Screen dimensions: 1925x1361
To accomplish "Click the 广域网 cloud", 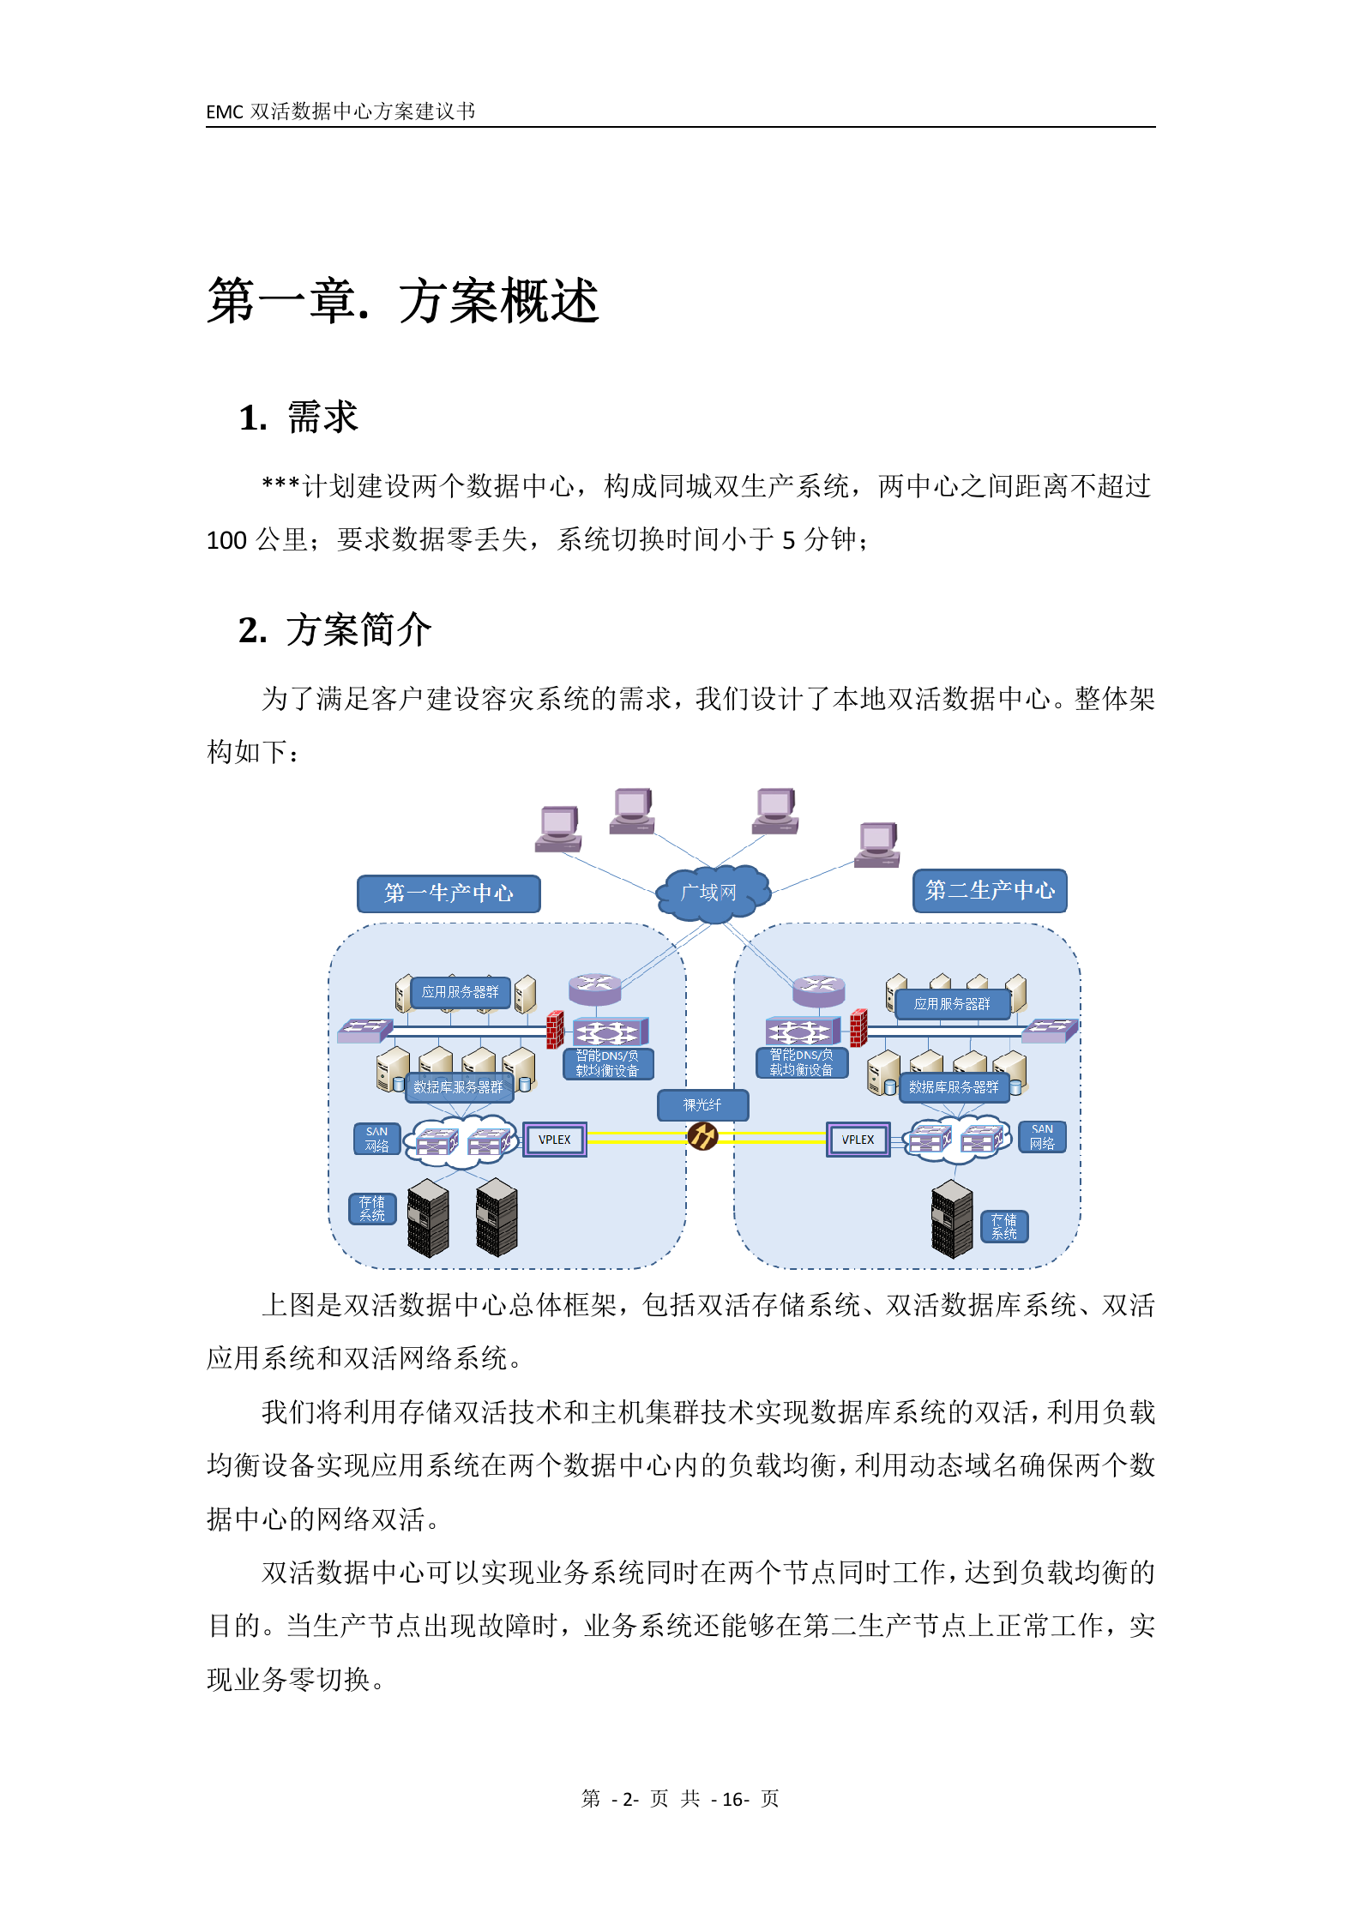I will (709, 893).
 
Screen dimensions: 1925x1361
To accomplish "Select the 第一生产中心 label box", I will (449, 893).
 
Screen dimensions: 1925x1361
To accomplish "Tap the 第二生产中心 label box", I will (990, 891).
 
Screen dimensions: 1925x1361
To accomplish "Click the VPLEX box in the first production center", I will (555, 1140).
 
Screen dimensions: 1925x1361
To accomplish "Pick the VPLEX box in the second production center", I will (858, 1140).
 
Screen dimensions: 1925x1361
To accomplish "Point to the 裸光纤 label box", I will (702, 1105).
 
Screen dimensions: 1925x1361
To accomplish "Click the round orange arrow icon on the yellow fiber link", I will (702, 1137).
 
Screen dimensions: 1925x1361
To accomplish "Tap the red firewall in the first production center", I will (555, 1029).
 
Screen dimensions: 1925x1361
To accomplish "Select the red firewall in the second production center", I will (858, 1028).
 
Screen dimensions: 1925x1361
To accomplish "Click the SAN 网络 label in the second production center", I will (1042, 1137).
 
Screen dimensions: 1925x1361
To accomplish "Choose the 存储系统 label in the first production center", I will (372, 1209).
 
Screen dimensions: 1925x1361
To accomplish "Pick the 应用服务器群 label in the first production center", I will (460, 992).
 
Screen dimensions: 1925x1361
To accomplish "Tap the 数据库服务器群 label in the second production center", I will (954, 1087).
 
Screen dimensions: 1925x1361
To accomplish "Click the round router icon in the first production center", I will (595, 987).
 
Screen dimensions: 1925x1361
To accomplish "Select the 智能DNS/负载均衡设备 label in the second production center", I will (801, 1063).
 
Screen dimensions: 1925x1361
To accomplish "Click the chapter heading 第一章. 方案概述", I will (402, 302).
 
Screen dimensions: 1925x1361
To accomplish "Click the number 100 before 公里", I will (226, 541).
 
